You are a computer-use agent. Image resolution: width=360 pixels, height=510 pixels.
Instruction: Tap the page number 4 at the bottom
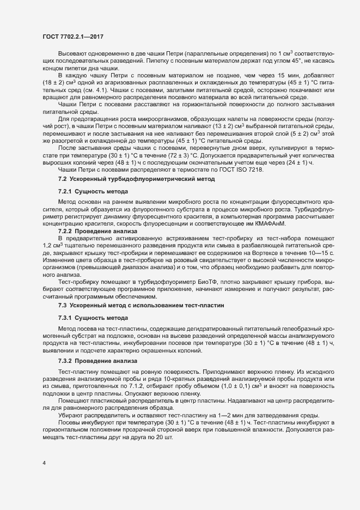pos(44,463)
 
